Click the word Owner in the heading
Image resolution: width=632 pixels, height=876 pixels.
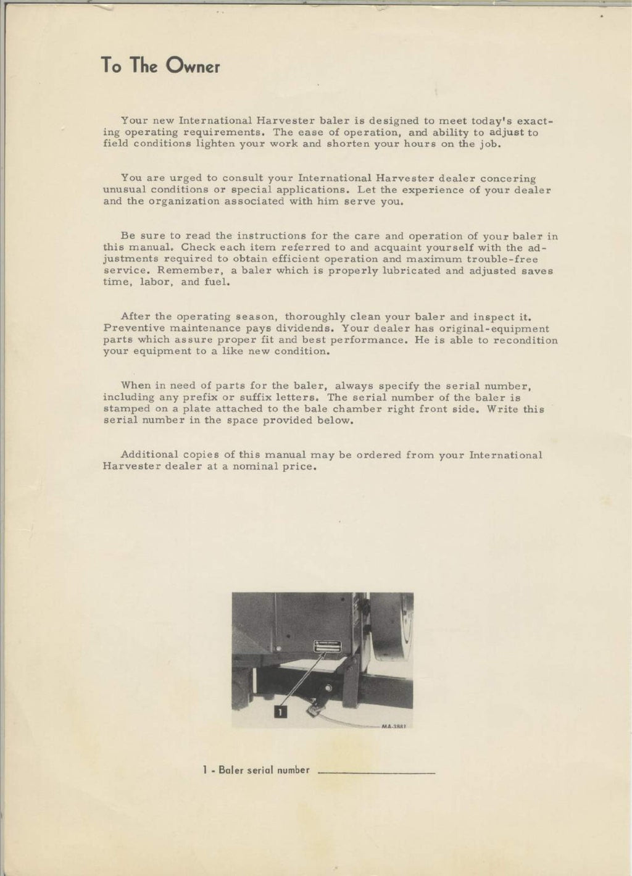click(193, 67)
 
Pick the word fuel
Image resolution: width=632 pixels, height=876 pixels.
click(217, 282)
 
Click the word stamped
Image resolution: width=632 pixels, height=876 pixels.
click(127, 409)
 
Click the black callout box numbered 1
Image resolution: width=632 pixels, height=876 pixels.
click(280, 712)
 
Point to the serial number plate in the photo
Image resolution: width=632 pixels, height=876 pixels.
click(327, 644)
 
